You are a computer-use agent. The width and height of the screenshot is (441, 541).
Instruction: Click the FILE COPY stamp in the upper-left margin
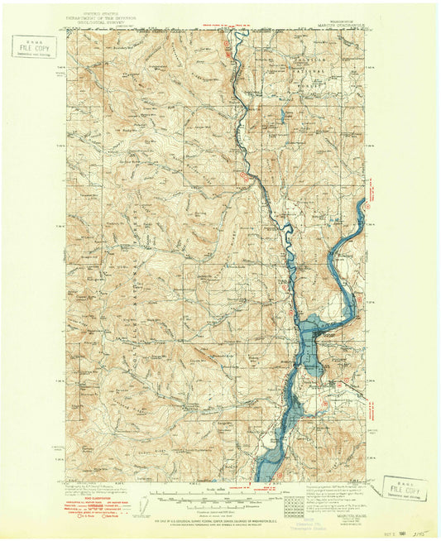point(36,46)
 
